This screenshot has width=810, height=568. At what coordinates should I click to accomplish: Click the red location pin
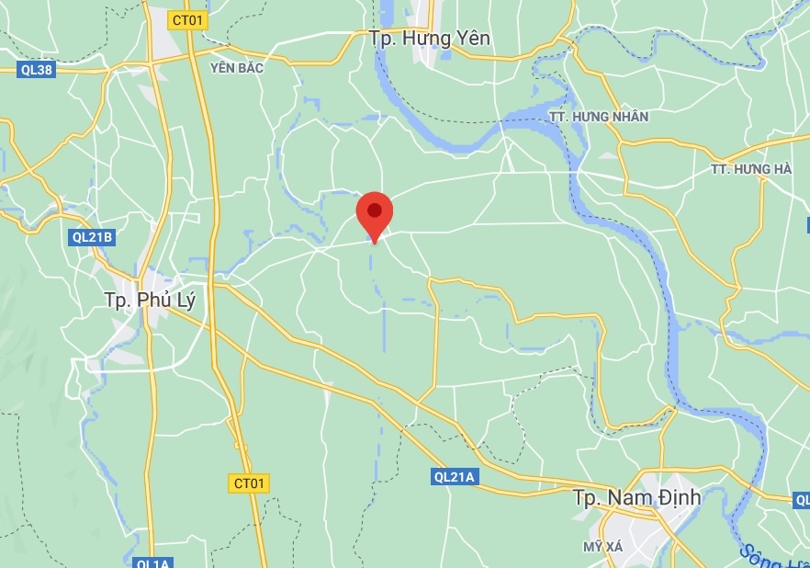click(375, 217)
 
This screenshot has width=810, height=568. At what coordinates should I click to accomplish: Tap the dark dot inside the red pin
click(375, 210)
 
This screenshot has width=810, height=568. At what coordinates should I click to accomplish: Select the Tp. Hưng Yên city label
click(429, 39)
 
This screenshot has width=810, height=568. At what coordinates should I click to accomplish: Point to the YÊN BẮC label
click(237, 67)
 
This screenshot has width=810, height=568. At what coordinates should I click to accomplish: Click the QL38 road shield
click(36, 70)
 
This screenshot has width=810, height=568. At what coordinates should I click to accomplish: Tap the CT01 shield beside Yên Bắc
click(188, 19)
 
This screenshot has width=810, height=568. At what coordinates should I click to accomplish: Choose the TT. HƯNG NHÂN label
click(611, 117)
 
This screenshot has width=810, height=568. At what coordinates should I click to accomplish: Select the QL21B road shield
click(92, 237)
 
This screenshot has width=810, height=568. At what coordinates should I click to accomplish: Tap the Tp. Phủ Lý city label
click(151, 300)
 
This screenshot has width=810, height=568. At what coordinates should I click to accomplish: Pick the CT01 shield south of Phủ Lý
click(249, 483)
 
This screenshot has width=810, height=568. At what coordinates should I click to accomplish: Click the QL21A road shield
click(453, 477)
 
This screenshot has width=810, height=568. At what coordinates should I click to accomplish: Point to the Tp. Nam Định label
click(636, 498)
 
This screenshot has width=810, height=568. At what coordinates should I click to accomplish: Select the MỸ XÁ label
click(602, 547)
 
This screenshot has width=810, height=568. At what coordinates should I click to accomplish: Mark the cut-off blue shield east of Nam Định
click(802, 500)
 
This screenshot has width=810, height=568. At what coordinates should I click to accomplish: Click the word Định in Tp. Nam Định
click(673, 498)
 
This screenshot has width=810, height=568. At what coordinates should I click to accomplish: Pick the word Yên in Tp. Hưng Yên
click(471, 39)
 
